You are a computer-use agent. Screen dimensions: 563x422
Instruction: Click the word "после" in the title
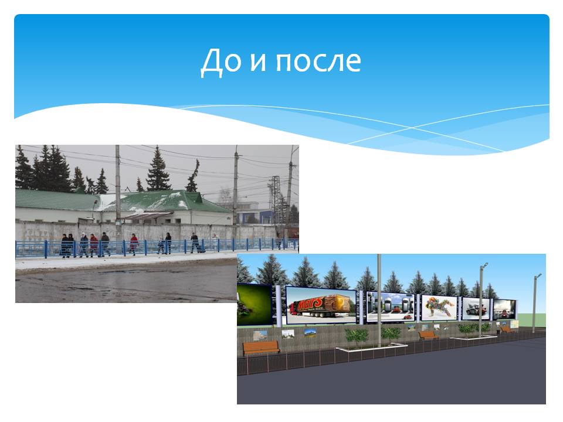tap(318, 62)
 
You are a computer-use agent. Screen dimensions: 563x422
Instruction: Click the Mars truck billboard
tap(321, 305)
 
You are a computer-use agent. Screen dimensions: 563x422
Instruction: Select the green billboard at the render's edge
tap(254, 304)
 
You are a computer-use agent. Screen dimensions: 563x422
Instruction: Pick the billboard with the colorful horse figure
tap(439, 308)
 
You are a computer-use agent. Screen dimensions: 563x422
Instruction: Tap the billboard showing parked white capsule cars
tap(391, 307)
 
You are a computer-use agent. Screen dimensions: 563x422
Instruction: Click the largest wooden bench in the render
tap(261, 348)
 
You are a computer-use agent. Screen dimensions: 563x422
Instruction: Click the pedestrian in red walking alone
tap(134, 244)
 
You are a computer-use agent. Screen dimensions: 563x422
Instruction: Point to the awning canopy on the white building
tap(148, 216)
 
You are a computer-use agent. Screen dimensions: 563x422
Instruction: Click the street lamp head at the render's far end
tap(538, 275)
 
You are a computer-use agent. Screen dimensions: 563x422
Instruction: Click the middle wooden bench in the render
tap(428, 335)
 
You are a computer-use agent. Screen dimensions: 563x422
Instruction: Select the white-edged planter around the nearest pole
tap(372, 348)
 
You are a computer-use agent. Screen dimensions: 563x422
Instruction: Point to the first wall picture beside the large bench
tap(260, 335)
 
